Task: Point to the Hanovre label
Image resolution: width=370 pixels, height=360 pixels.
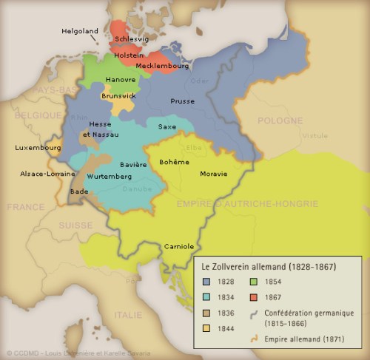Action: pos(121,79)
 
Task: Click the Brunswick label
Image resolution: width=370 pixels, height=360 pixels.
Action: pos(119,95)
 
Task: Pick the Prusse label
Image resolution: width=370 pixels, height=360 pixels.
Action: pos(182,101)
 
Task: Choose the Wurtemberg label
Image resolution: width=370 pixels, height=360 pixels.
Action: pos(109,177)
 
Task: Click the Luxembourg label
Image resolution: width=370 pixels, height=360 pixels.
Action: pos(38,148)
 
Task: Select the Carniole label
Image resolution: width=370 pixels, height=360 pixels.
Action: pos(178,245)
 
